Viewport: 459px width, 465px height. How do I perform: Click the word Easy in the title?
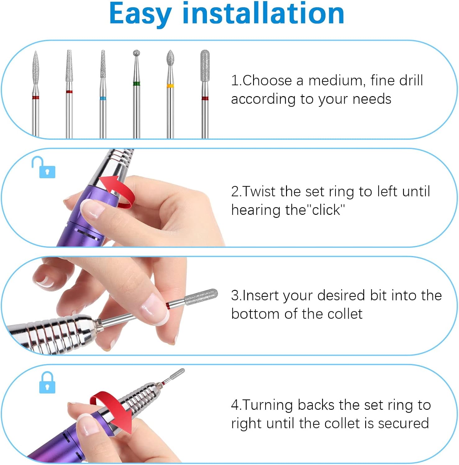point(140,14)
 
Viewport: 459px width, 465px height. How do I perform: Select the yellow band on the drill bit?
point(170,86)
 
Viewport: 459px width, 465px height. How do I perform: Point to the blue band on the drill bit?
point(103,99)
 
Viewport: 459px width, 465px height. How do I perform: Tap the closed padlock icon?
point(47,383)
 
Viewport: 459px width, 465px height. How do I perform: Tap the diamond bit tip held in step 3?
point(201,296)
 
